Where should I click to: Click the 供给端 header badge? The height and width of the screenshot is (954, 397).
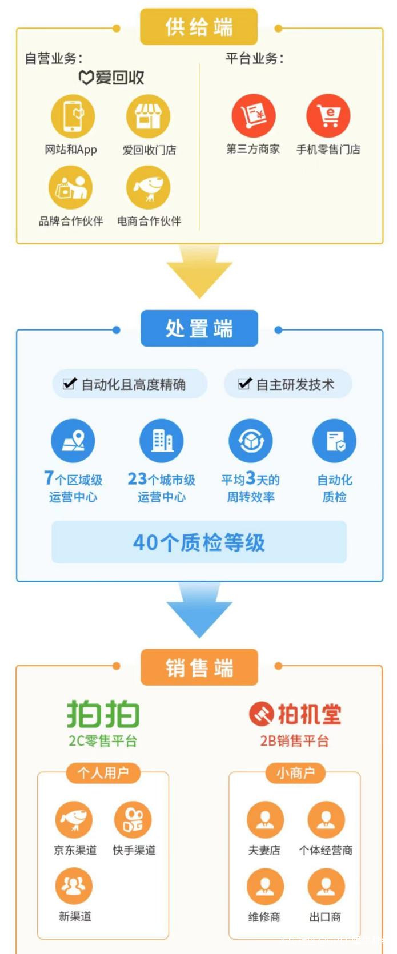tap(199, 27)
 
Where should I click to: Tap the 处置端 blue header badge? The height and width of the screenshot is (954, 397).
tap(199, 328)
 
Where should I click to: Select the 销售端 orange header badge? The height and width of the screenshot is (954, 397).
tap(199, 667)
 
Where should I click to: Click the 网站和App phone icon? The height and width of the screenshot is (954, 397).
tap(73, 116)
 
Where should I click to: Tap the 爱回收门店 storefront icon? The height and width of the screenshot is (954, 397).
tap(148, 116)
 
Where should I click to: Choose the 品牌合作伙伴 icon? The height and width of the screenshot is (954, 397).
tap(71, 188)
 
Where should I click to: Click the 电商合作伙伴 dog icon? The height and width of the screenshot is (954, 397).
tap(148, 188)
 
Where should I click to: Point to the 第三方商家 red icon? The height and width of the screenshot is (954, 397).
tap(253, 116)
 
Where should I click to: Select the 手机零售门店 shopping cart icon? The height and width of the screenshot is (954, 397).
tap(328, 116)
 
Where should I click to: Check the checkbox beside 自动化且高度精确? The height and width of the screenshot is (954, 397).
tap(70, 384)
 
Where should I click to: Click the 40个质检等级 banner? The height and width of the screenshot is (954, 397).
tap(199, 542)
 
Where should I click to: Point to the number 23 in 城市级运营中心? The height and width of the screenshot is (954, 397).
tap(137, 478)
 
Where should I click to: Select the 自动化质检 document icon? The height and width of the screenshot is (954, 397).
tap(334, 441)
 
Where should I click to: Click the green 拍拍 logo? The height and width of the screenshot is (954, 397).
tap(103, 714)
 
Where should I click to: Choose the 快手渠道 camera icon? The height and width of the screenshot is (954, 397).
tap(133, 820)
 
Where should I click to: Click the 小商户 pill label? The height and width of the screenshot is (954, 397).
tap(295, 773)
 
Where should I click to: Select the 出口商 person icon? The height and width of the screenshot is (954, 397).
tap(326, 886)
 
